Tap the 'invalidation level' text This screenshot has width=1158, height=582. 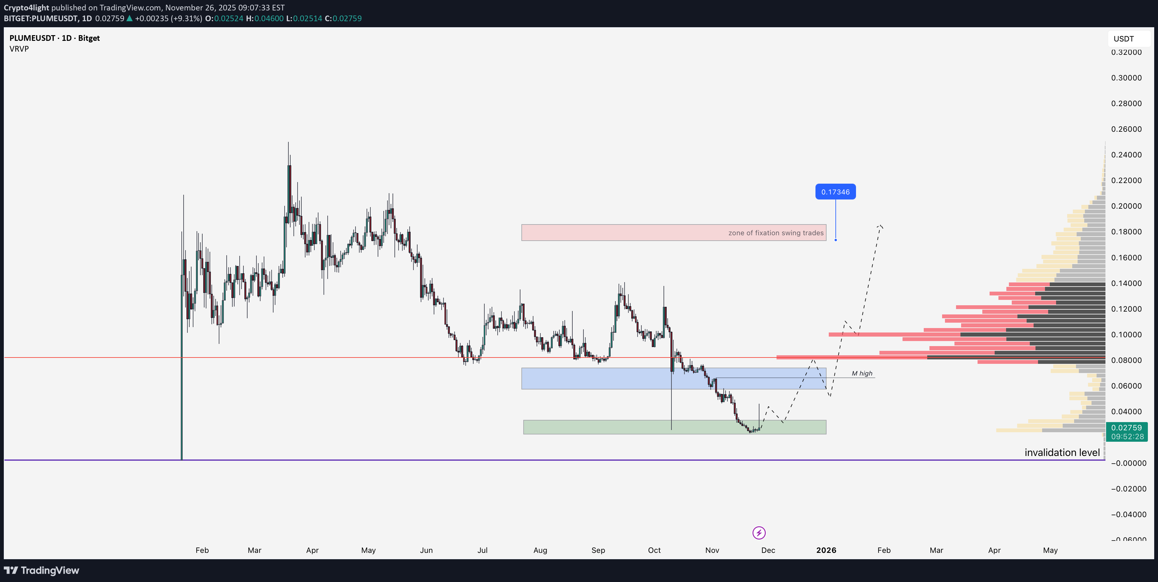pyautogui.click(x=1062, y=452)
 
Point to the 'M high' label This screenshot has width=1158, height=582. pyautogui.click(x=862, y=373)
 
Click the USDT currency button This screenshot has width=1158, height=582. pyautogui.click(x=1123, y=39)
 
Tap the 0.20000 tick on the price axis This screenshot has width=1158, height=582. pyautogui.click(x=1126, y=206)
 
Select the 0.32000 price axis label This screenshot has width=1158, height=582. pyautogui.click(x=1126, y=52)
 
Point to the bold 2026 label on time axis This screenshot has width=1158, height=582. pyautogui.click(x=826, y=550)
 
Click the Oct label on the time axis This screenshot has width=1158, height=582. pyautogui.click(x=654, y=550)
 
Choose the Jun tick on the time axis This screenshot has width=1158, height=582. pyautogui.click(x=426, y=550)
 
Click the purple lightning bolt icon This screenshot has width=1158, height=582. pyautogui.click(x=759, y=533)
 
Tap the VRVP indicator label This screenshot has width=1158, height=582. pyautogui.click(x=19, y=48)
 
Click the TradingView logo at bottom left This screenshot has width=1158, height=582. pyautogui.click(x=41, y=570)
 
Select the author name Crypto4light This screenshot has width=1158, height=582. pyautogui.click(x=26, y=8)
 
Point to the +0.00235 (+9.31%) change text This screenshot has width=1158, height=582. pyautogui.click(x=168, y=18)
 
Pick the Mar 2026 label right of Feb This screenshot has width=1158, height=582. pyautogui.click(x=936, y=550)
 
